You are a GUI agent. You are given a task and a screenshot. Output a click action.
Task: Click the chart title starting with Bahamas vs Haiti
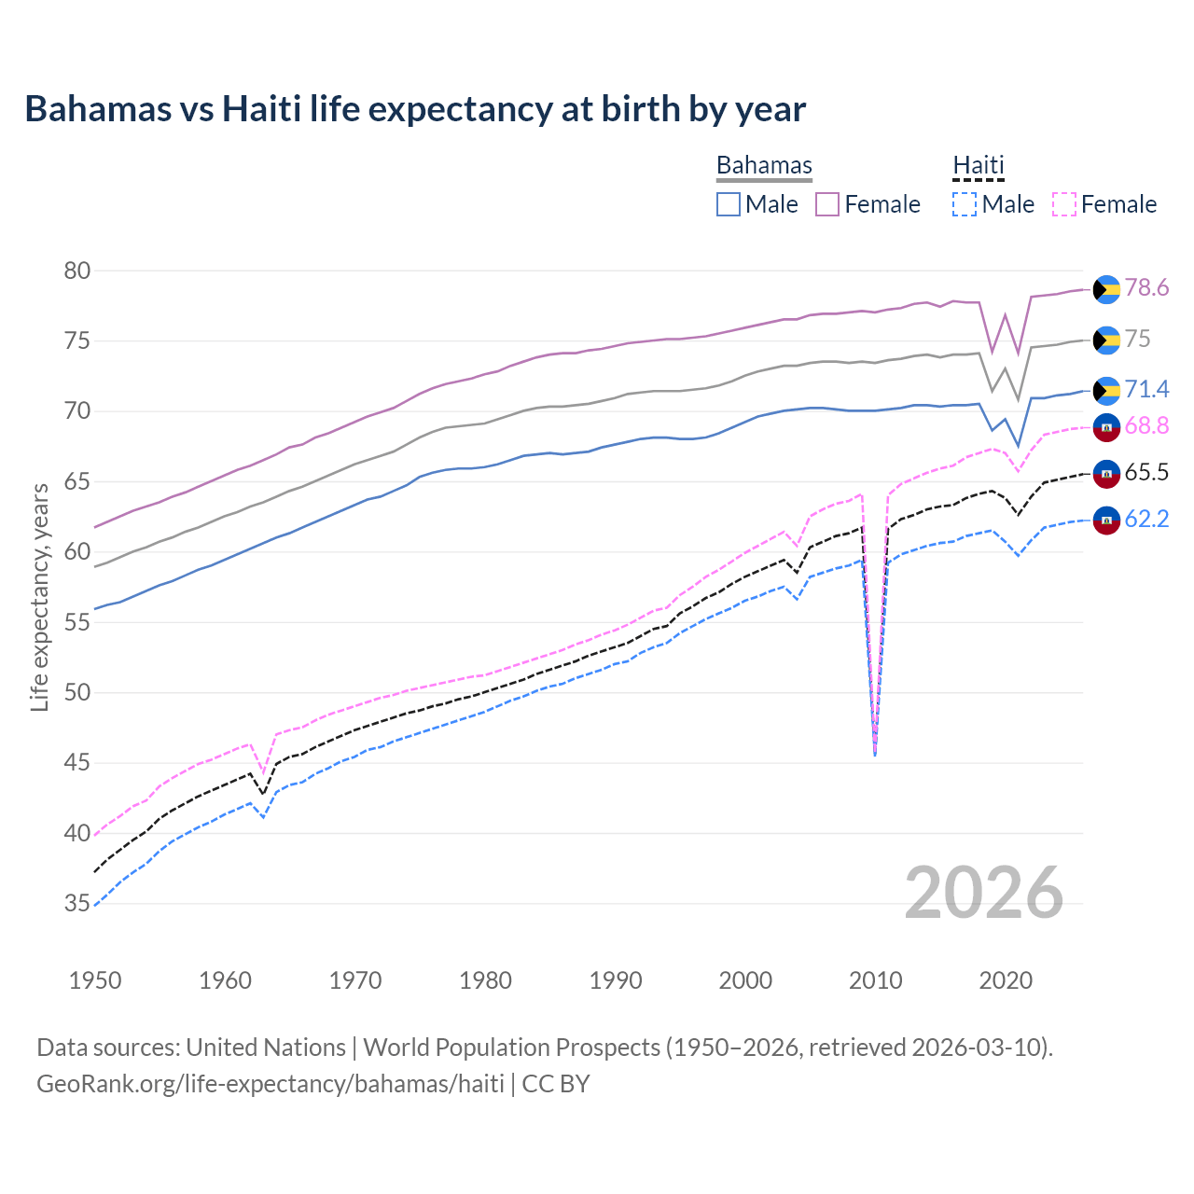tap(415, 109)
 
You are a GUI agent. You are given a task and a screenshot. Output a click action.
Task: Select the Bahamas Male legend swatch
tap(729, 204)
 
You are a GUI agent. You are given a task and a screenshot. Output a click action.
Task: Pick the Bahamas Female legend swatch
tap(827, 204)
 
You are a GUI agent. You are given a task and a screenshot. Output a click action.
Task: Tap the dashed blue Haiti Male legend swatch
tap(965, 204)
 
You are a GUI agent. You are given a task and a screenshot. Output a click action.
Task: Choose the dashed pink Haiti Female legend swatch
tap(1063, 204)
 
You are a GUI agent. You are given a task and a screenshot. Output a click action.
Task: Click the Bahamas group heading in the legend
tap(764, 165)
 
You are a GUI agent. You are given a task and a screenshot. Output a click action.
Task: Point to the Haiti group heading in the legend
tap(978, 165)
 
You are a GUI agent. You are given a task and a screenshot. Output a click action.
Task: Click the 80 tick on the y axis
tap(77, 271)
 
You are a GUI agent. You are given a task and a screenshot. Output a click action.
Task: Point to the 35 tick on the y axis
tap(77, 903)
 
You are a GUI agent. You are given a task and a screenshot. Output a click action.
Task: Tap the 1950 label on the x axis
tap(95, 980)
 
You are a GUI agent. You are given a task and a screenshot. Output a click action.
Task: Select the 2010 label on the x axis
tap(875, 980)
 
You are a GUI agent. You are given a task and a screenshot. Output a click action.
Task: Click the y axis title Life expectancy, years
tap(39, 597)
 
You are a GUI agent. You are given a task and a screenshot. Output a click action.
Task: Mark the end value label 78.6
tap(1146, 287)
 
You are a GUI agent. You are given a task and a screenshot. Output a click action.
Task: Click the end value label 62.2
tap(1146, 519)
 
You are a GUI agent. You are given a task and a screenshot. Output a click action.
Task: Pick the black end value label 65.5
tap(1146, 472)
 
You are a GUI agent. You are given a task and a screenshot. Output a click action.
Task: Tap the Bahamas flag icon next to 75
tap(1106, 340)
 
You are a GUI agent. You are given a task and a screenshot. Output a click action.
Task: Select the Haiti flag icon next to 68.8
tap(1106, 427)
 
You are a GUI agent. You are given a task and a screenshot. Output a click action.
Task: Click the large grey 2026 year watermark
tap(984, 893)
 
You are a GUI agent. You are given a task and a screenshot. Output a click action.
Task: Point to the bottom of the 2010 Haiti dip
tap(875, 754)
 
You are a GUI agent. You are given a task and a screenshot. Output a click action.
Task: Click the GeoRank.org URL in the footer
tap(270, 1084)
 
